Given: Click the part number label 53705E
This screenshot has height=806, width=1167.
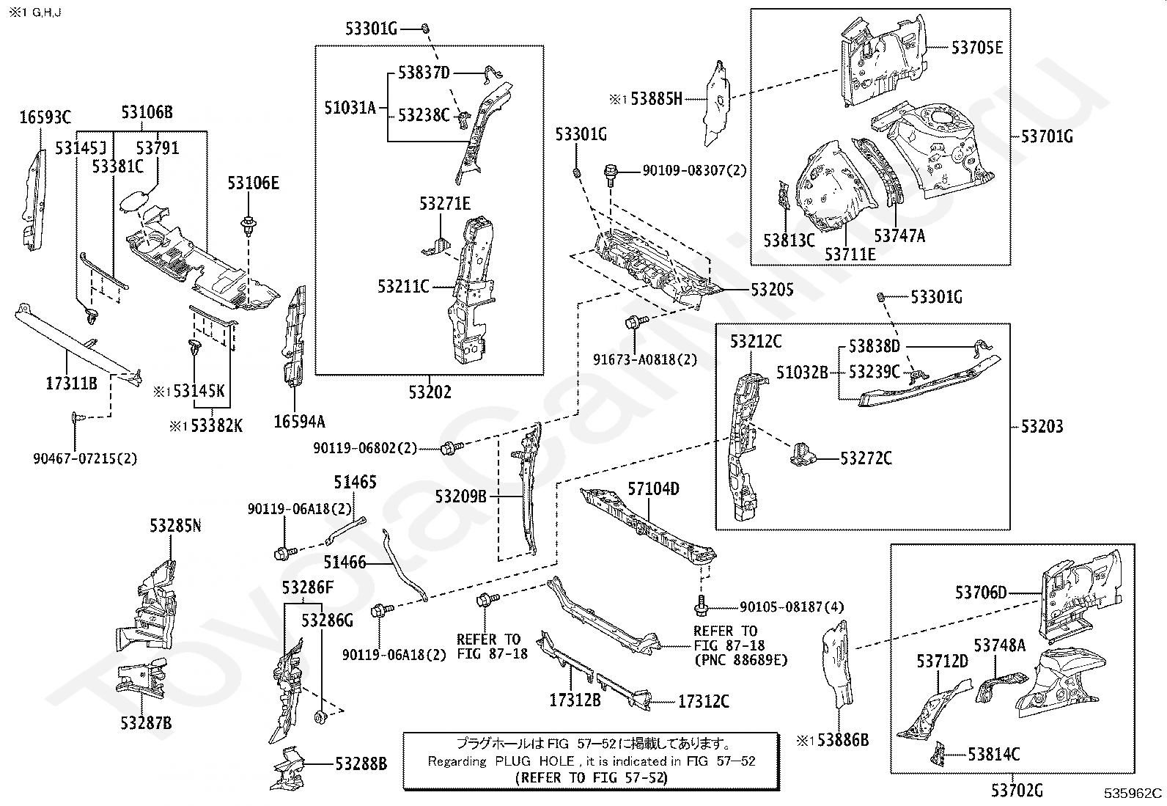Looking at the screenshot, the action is (977, 48).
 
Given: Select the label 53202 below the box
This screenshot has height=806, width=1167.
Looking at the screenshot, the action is (430, 392).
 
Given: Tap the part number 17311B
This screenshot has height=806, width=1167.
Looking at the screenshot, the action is (71, 384).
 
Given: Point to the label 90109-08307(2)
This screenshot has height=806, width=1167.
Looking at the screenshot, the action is (694, 170).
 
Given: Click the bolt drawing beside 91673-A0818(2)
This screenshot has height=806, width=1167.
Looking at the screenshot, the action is (636, 321).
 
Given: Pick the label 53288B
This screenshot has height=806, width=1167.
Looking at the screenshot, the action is (361, 763).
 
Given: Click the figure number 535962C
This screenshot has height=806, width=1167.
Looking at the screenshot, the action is (1133, 793).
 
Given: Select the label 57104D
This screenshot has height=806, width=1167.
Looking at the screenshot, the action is (653, 489).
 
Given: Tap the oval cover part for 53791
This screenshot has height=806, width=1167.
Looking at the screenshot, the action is (134, 202).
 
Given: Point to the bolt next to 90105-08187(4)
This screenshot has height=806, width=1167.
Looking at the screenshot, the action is (702, 605).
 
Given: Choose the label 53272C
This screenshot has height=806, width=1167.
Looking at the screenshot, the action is (866, 458).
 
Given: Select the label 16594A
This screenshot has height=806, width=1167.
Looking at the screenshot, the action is (300, 421).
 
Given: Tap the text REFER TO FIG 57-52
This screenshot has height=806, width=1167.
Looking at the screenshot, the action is (592, 778).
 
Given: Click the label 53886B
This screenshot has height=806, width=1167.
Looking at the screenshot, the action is (843, 740).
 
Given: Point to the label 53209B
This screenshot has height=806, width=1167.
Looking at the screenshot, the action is (460, 497).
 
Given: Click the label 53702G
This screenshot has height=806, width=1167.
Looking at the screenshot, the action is (1017, 791).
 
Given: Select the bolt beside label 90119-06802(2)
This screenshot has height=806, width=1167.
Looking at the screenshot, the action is (452, 447).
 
